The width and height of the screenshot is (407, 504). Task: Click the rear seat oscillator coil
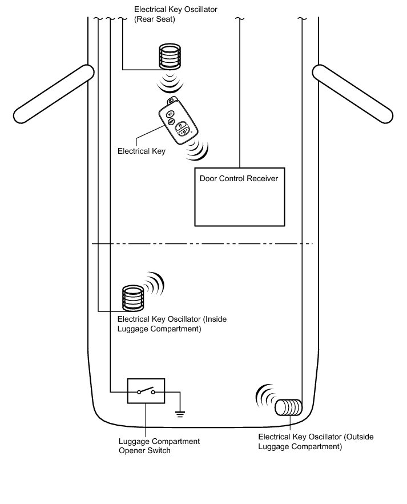tap(170, 57)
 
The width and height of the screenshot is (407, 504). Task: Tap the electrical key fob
tap(178, 121)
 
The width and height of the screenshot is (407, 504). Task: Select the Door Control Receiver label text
tap(239, 178)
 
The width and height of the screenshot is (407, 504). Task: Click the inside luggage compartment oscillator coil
tap(133, 298)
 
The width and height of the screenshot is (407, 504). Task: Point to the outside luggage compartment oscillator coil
tap(289, 407)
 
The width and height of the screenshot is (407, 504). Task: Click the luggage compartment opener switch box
tap(146, 391)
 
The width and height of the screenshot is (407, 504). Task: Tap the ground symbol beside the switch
tap(180, 414)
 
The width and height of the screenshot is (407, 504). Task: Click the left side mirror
tap(53, 94)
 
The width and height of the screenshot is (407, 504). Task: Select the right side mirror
tap(353, 94)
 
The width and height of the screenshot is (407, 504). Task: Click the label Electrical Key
tap(142, 151)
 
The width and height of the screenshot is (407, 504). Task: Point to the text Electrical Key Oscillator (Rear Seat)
tap(176, 14)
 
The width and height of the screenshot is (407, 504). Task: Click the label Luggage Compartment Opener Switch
tap(159, 446)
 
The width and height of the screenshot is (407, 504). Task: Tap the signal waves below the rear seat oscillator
tap(170, 82)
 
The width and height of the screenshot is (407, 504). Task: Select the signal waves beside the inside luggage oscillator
tap(154, 283)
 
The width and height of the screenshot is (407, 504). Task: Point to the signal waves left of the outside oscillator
tap(265, 395)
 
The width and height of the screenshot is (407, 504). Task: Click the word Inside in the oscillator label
tap(215, 319)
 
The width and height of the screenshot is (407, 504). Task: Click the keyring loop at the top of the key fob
tap(171, 101)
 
